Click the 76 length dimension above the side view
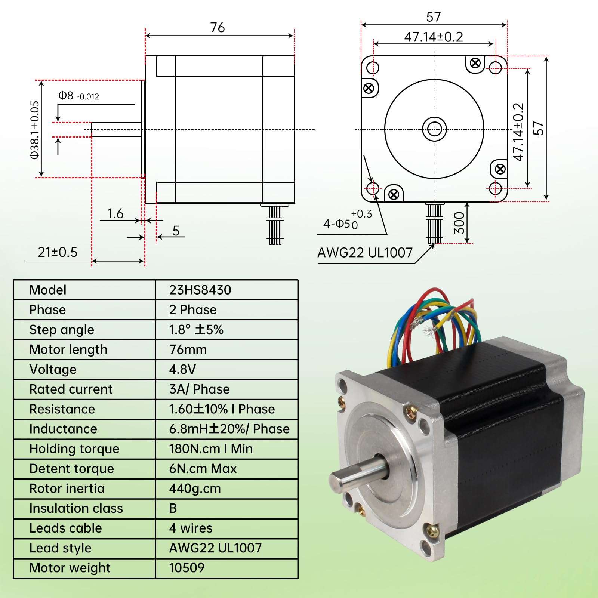(x=218, y=28)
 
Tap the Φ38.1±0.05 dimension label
(x=35, y=130)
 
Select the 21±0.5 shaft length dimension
(x=58, y=252)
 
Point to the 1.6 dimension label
(x=115, y=214)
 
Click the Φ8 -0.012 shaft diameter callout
(x=78, y=96)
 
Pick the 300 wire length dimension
(x=459, y=223)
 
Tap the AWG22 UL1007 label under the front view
(x=365, y=253)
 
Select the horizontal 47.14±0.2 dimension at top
(x=434, y=37)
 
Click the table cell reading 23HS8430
(x=200, y=290)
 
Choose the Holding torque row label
(x=74, y=449)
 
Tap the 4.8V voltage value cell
(x=182, y=369)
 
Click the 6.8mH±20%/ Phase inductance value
(x=229, y=429)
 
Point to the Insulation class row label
(x=76, y=508)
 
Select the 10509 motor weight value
(x=187, y=568)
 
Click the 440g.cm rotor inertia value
(x=195, y=488)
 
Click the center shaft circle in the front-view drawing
(x=434, y=129)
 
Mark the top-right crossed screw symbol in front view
(x=475, y=63)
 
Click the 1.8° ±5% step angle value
(x=196, y=330)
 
